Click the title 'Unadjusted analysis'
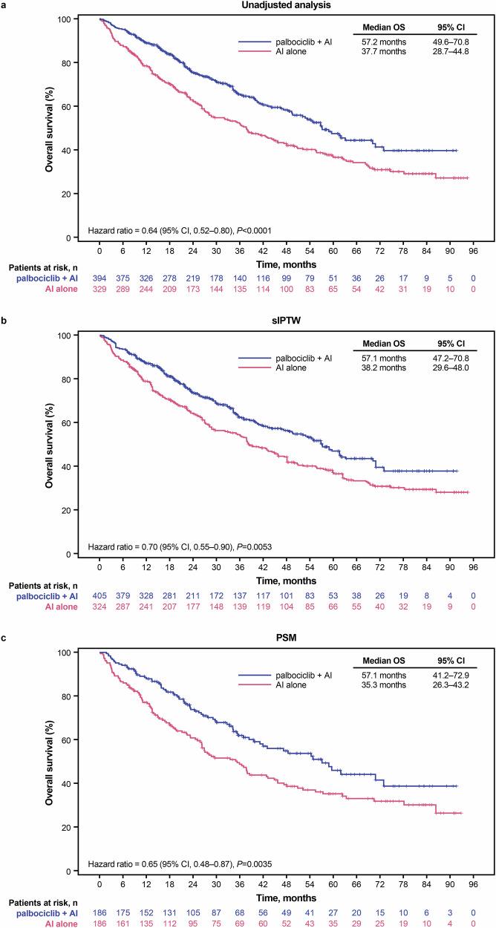click(285, 6)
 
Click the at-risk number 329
click(99, 289)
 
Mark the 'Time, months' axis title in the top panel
click(285, 264)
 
